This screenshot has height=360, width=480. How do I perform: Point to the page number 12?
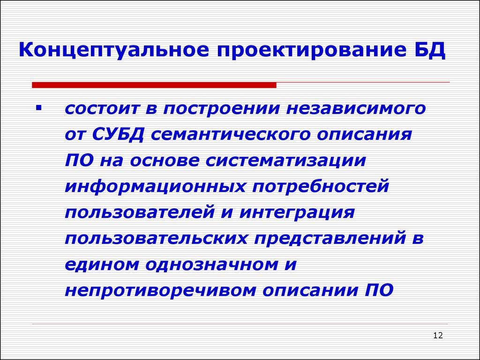pyautogui.click(x=438, y=335)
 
